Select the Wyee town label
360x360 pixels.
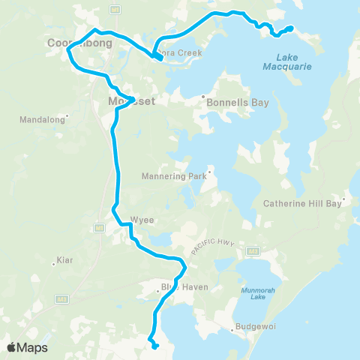[x=142, y=220]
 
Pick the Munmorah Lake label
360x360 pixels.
[x=253, y=293]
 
